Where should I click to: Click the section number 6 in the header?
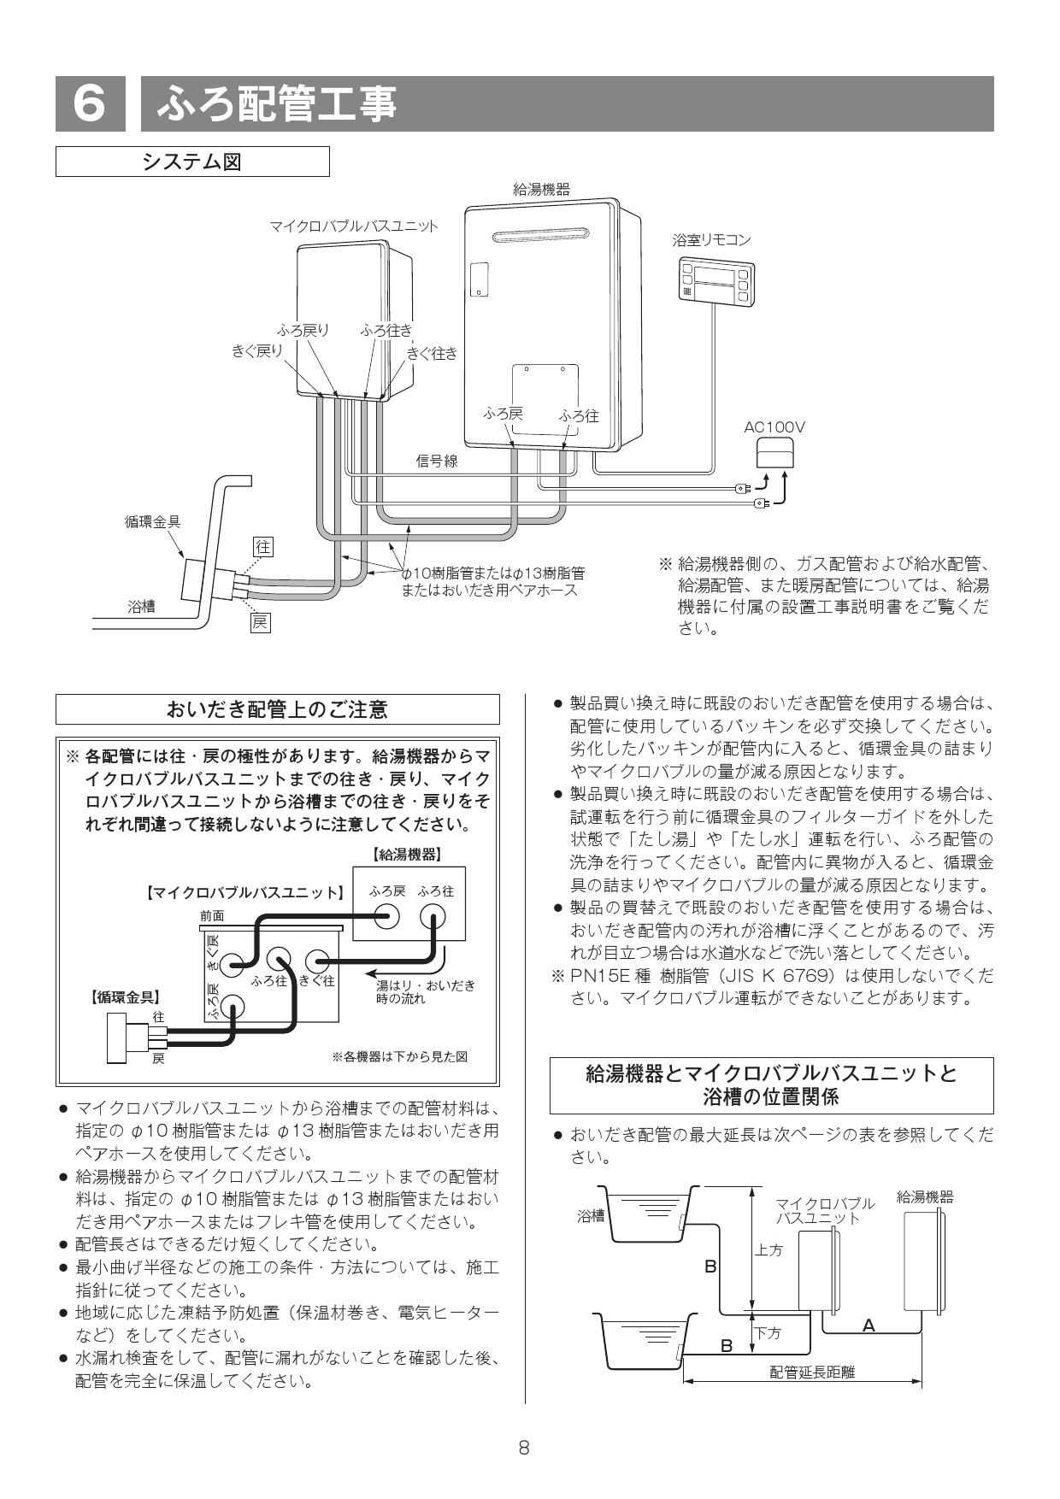point(89,104)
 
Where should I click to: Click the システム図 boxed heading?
point(192,161)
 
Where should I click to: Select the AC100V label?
point(774,426)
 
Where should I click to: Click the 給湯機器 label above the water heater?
point(540,189)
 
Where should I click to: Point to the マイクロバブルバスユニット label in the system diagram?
point(353,226)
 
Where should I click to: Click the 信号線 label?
point(436,461)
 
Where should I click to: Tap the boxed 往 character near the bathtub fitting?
point(263,546)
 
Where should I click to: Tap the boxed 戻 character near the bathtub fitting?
point(260,622)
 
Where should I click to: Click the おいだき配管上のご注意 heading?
point(277,709)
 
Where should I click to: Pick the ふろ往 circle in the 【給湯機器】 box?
point(433,916)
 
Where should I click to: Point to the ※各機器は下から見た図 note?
point(399,1057)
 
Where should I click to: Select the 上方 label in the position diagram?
point(768,1250)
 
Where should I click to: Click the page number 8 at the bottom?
point(524,1447)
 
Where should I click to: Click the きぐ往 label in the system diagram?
point(432,354)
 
